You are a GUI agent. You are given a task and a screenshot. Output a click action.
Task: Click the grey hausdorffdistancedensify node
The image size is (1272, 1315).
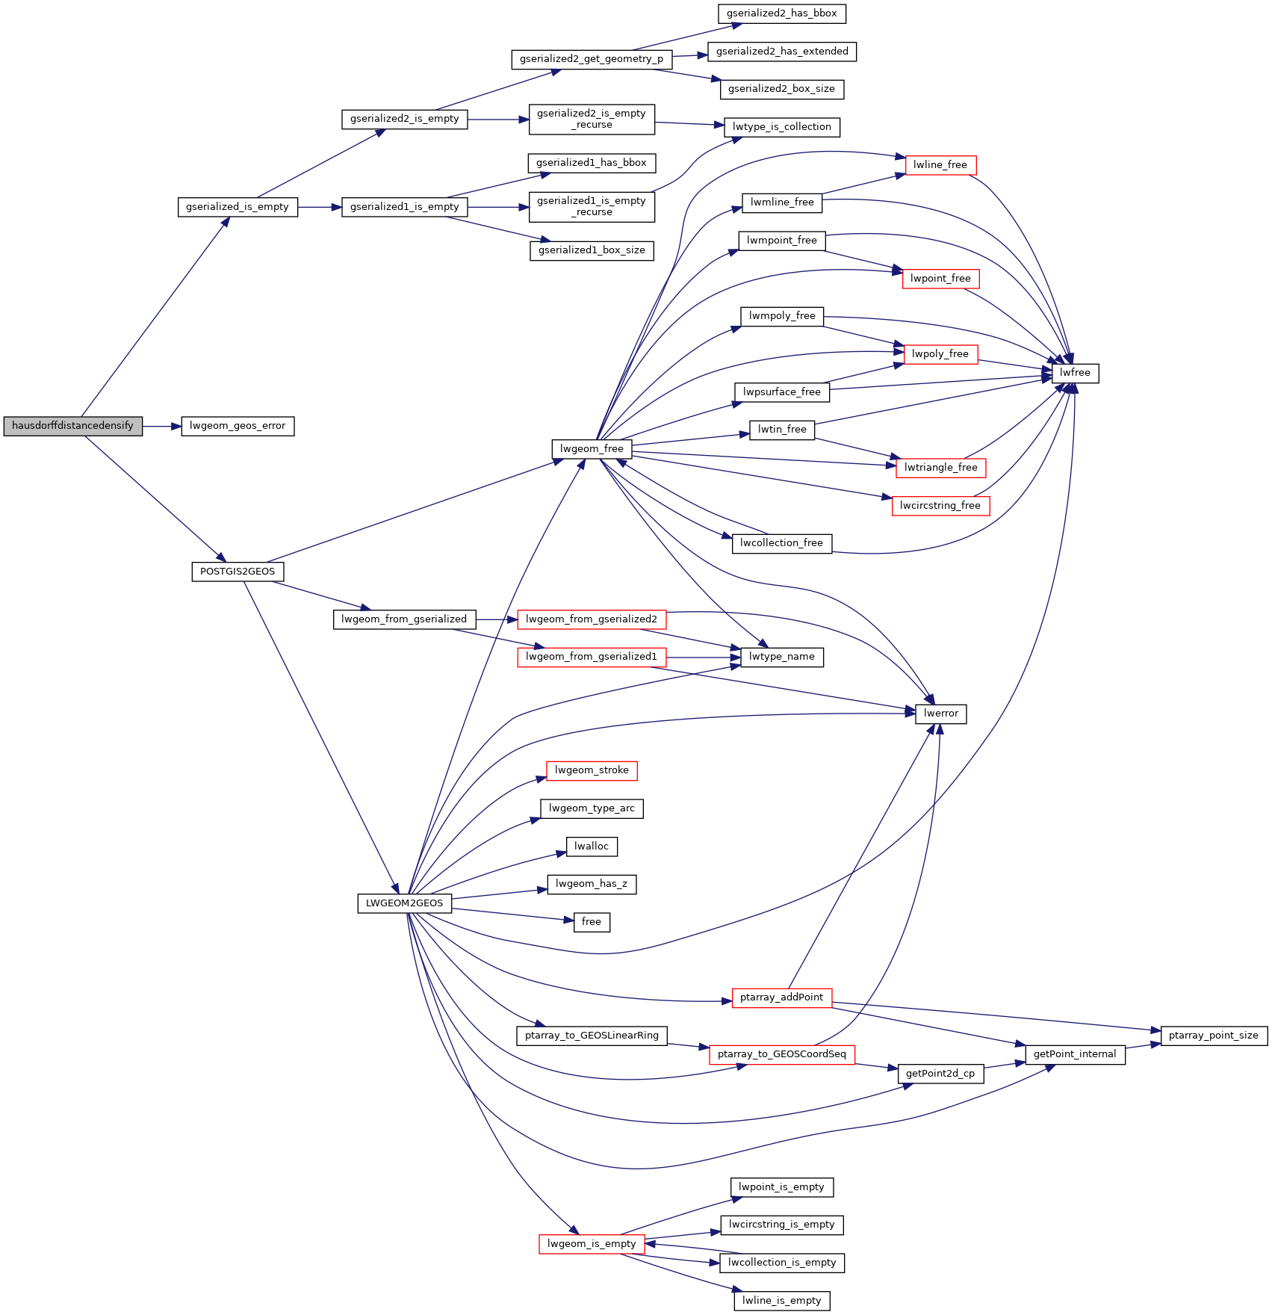click(72, 426)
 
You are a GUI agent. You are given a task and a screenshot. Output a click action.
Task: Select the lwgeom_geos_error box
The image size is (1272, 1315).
click(238, 426)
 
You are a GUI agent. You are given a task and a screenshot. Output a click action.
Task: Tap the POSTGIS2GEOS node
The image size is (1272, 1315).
click(238, 572)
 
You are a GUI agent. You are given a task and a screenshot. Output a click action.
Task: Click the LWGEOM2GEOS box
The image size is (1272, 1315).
click(404, 903)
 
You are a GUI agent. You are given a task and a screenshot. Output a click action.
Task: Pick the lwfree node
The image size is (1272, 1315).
click(1075, 373)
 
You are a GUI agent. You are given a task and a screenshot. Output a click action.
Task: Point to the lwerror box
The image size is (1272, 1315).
click(941, 714)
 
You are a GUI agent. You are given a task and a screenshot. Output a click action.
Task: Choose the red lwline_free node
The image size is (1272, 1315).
click(940, 165)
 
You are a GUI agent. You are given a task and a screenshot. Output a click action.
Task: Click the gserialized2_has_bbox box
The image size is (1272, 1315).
click(782, 13)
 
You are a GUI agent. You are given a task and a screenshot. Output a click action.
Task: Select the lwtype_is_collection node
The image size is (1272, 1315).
click(782, 127)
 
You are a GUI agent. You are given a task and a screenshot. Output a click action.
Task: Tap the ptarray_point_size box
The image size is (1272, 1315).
click(1214, 1036)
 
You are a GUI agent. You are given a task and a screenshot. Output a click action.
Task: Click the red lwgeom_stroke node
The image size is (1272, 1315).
click(592, 770)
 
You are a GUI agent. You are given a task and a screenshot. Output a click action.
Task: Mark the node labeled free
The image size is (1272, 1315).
click(592, 922)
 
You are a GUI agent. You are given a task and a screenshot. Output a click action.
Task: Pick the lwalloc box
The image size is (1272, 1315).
click(592, 847)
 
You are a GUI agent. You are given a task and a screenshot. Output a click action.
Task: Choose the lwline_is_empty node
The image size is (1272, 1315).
click(782, 1301)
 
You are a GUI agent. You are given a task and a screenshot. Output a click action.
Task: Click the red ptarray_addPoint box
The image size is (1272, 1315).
click(782, 997)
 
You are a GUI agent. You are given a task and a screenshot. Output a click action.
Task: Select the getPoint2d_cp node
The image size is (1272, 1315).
click(940, 1074)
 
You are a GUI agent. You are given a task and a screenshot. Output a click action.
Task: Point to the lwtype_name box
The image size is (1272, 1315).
click(782, 657)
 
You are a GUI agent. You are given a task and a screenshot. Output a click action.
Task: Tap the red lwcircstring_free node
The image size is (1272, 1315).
click(940, 506)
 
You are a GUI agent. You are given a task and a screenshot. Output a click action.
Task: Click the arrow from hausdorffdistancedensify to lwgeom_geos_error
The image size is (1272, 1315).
click(162, 426)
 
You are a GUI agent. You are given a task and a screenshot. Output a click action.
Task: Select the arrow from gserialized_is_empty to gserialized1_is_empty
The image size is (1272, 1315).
click(320, 207)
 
